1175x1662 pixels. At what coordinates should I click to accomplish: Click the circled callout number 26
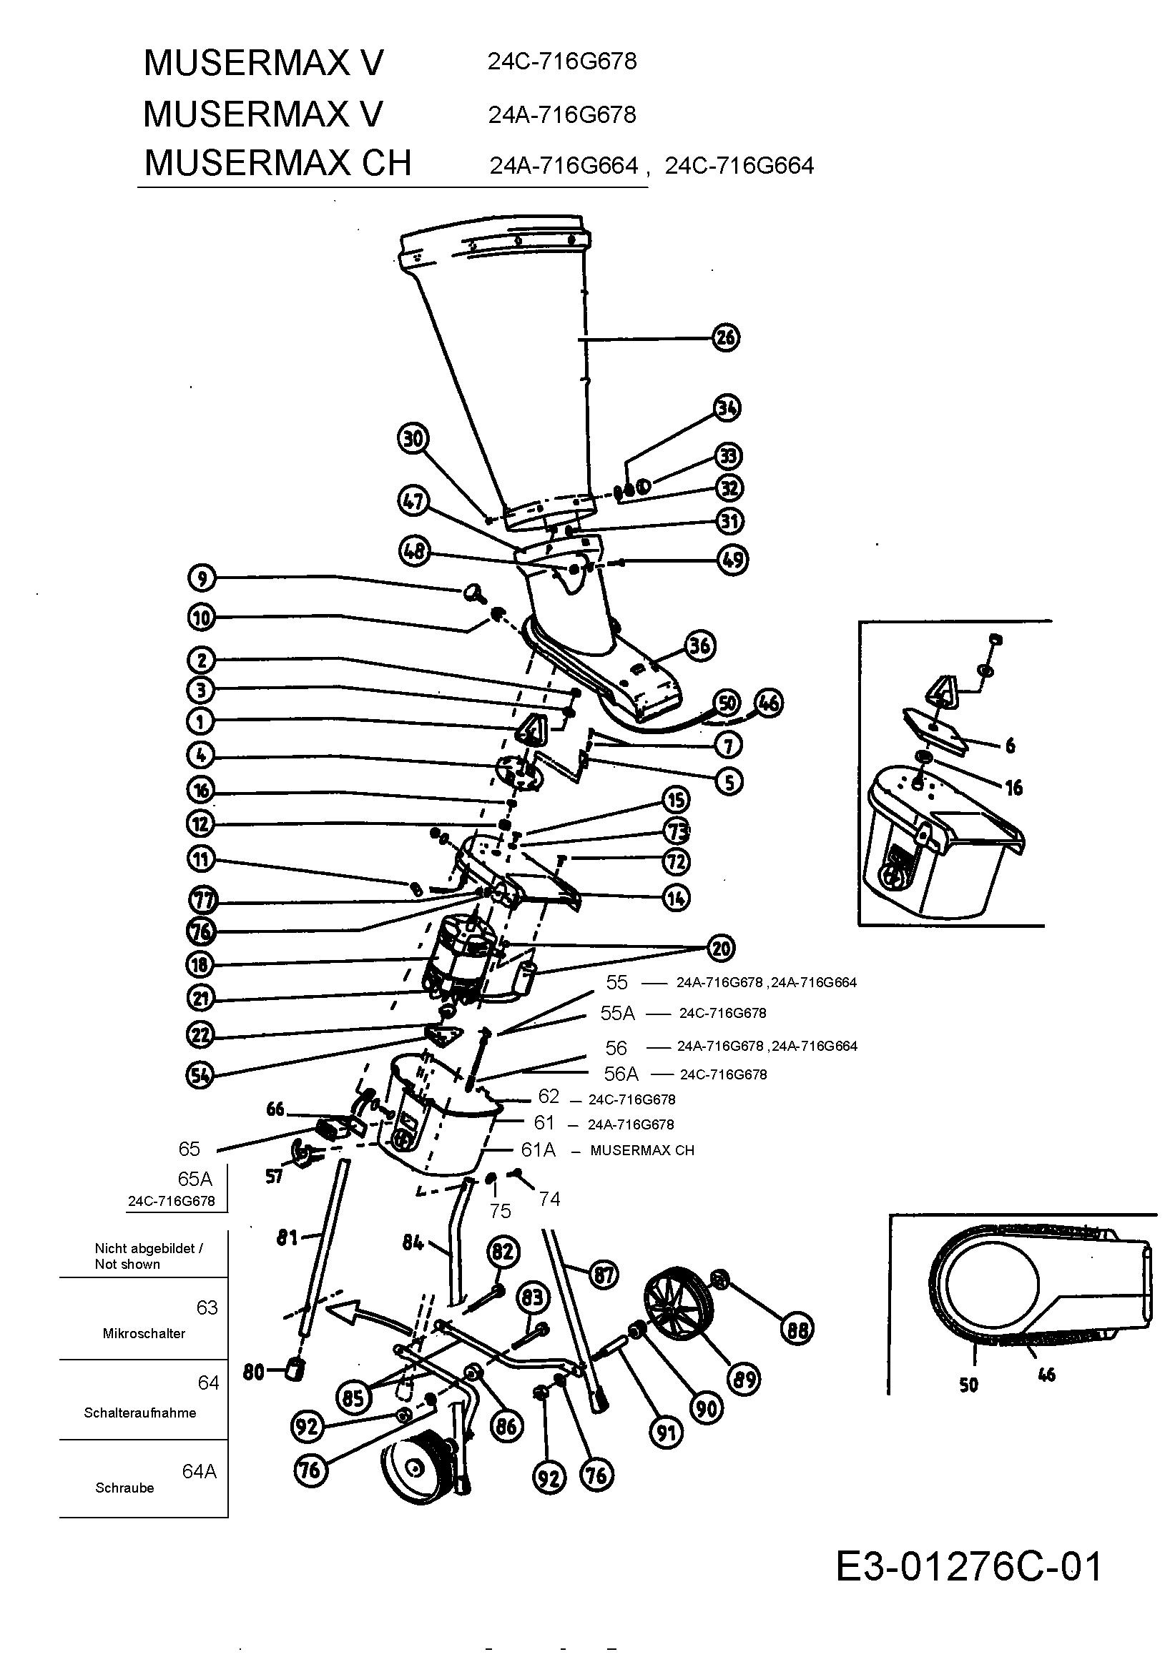point(726,337)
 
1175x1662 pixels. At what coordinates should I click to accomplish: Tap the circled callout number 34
point(727,408)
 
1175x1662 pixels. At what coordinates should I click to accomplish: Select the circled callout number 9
point(201,578)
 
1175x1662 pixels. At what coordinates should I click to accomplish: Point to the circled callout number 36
point(700,645)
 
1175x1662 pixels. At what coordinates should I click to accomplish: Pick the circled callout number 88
point(797,1328)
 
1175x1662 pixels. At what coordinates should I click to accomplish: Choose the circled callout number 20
point(721,949)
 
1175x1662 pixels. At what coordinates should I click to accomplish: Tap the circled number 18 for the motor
point(200,964)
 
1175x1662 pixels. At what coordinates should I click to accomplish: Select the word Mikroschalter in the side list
point(144,1333)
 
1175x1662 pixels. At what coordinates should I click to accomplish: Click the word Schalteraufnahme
point(139,1413)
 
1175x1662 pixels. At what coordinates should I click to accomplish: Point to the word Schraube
point(124,1488)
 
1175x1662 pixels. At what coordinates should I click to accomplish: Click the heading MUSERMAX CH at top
point(277,162)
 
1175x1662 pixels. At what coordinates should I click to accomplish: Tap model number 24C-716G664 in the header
point(739,166)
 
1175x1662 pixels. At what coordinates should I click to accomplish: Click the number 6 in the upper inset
point(1010,745)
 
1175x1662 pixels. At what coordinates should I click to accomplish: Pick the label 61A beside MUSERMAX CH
point(538,1150)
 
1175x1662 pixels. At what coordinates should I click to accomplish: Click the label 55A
point(618,1014)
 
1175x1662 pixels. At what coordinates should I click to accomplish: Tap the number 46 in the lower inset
point(1047,1375)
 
